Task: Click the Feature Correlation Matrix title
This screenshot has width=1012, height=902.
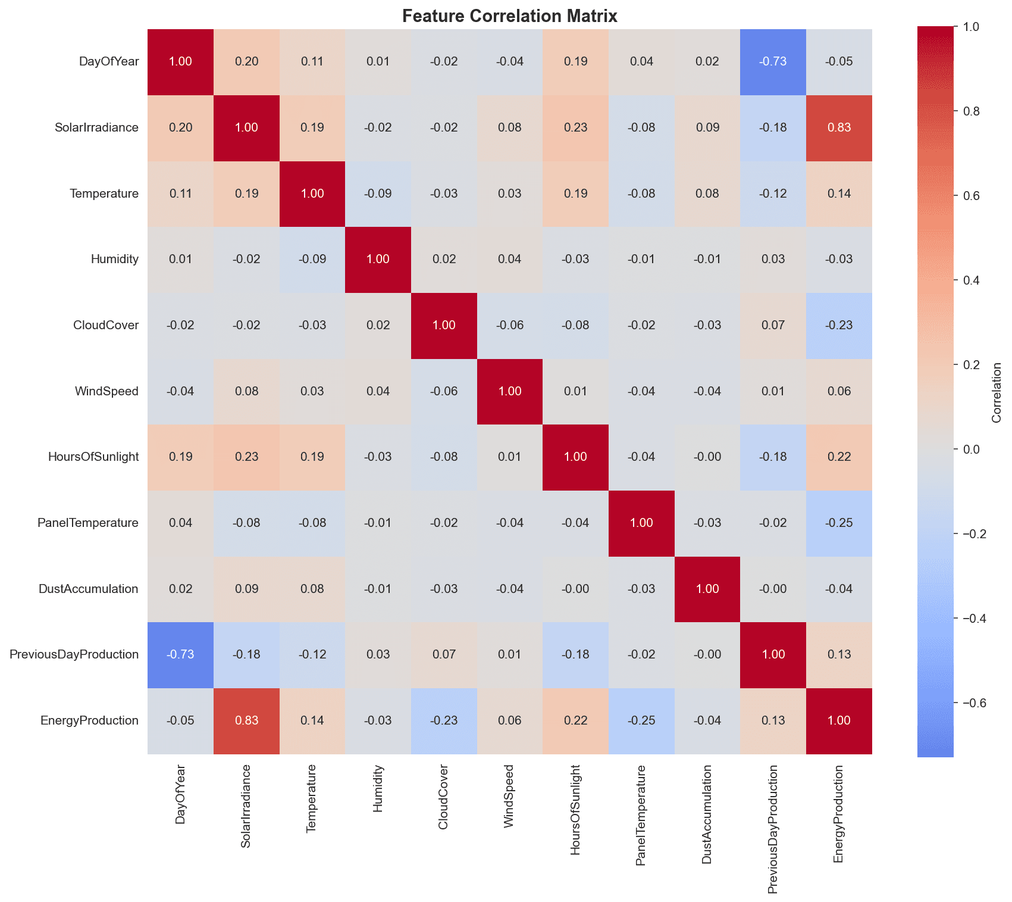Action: coord(510,16)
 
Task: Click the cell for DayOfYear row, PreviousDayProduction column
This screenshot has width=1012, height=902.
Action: coord(773,62)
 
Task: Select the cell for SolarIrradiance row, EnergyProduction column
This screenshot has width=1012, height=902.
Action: coord(839,128)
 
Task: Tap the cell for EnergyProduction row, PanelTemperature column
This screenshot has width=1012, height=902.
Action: coord(641,720)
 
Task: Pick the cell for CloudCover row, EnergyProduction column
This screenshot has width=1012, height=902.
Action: coord(839,326)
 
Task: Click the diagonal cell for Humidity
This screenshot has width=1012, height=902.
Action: coord(378,260)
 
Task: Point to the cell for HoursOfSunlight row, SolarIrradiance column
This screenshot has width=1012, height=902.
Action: coord(246,457)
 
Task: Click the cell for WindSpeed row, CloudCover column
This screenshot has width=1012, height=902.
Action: coord(444,391)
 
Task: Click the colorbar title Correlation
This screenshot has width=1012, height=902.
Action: coord(997,392)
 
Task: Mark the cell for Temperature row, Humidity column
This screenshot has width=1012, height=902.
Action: coord(378,194)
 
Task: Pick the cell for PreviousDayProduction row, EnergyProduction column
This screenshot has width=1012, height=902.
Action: coord(839,655)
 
